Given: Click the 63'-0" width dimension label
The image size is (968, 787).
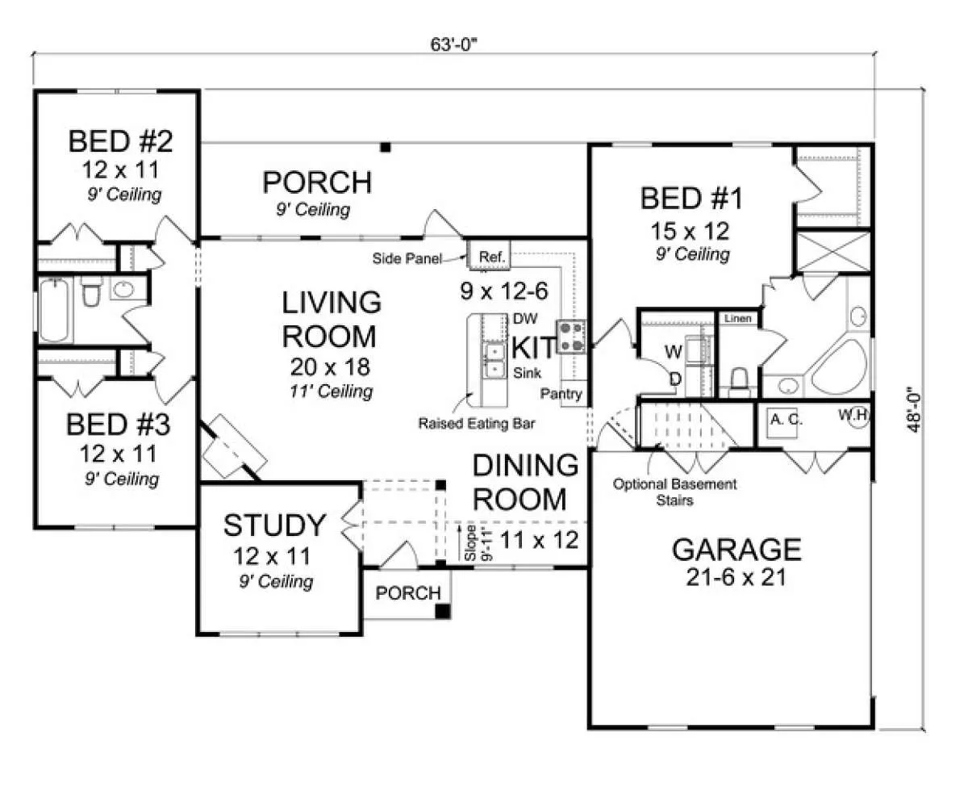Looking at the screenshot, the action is coord(453,45).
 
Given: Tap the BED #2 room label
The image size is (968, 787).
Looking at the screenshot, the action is coord(120,141).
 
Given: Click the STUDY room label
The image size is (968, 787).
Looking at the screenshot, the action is coord(275,525).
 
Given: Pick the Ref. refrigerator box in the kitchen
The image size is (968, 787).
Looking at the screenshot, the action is coord(490,256).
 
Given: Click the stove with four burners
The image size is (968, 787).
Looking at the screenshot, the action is coord(571,337).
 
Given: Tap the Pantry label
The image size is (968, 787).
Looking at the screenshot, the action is coord(561,394).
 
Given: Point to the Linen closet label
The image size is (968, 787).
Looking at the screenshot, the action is coord(737,318).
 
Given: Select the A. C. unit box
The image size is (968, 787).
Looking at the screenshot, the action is coord(782,424).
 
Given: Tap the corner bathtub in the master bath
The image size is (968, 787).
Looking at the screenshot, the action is coord(841,366).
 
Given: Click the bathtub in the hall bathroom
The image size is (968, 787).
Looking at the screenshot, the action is coord(55,310).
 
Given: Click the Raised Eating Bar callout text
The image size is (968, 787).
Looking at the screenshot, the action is coord(476,424).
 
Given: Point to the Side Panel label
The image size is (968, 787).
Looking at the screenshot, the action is coord(407,258).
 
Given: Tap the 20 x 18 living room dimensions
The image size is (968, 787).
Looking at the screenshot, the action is coord(331,367).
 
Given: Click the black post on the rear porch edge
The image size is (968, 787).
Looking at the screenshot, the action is coord(386,147).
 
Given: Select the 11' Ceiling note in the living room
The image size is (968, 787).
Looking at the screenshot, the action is coord(332,391).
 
